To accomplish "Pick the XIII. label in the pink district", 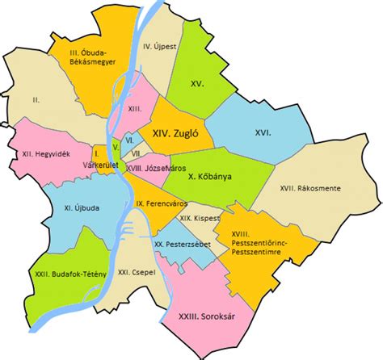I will coord(137,107).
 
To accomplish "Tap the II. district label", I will coord(36,100).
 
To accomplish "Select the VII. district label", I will coord(137,153).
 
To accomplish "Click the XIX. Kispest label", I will coord(196,219).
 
